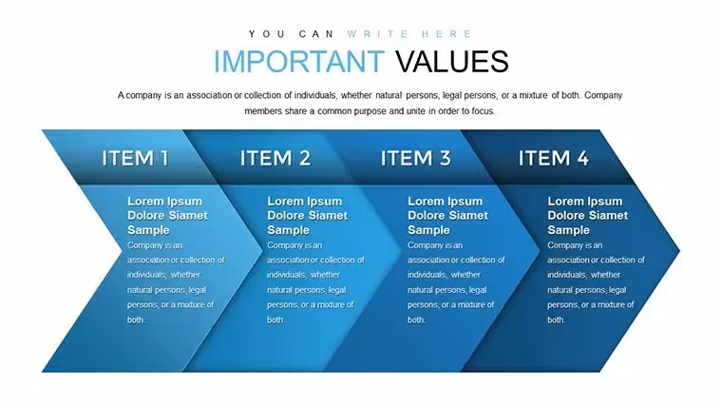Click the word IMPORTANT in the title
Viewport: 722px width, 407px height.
click(299, 61)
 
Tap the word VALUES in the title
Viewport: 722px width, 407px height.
click(451, 61)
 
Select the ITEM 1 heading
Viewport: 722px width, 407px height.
click(135, 158)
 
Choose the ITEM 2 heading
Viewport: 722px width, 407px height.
click(275, 158)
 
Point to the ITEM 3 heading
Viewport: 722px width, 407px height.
click(415, 158)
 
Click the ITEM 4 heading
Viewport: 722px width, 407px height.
click(554, 158)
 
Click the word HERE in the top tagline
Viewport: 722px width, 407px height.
click(446, 34)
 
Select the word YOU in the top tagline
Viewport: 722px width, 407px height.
click(267, 34)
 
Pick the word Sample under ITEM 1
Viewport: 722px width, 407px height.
click(148, 230)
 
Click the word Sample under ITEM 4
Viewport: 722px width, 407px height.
click(568, 230)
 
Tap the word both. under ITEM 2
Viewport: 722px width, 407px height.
click(275, 320)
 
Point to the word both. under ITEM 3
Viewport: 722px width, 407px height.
click(416, 320)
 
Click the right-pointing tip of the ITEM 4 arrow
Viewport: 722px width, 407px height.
click(679, 251)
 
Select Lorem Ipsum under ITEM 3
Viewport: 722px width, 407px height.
click(445, 202)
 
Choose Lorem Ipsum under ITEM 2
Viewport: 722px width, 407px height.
click(304, 202)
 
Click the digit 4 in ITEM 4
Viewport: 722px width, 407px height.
click(583, 158)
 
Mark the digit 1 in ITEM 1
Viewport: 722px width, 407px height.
click(164, 158)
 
